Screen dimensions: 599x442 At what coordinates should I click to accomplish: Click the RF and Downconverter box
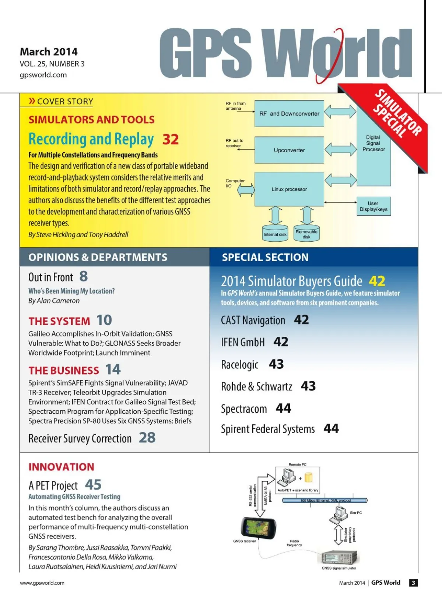click(x=289, y=113)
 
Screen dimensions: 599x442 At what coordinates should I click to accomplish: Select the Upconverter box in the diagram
click(x=289, y=150)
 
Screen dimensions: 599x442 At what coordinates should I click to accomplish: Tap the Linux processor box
click(x=289, y=189)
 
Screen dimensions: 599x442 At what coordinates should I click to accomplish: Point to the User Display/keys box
click(x=373, y=206)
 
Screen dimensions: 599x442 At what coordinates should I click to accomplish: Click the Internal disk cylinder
click(x=275, y=234)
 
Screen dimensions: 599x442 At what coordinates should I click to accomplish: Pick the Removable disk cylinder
click(x=306, y=234)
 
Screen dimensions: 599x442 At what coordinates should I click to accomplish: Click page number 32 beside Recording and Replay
click(x=171, y=139)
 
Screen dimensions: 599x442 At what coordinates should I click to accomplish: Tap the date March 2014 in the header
click(x=49, y=52)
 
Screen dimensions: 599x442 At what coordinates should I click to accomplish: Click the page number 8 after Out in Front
click(x=84, y=276)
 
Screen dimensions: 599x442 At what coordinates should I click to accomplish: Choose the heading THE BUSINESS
click(x=64, y=370)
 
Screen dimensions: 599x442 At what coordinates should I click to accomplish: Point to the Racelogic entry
click(x=240, y=364)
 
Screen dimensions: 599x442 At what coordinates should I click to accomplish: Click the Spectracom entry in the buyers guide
click(x=244, y=409)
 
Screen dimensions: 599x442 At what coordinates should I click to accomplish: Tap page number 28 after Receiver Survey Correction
click(x=147, y=438)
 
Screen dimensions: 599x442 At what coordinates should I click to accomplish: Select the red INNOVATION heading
click(x=61, y=467)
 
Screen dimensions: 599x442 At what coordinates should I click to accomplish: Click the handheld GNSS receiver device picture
click(x=258, y=528)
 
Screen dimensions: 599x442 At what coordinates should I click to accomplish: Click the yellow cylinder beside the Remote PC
click(x=308, y=478)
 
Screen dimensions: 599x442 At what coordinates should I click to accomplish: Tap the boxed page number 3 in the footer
click(x=413, y=583)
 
